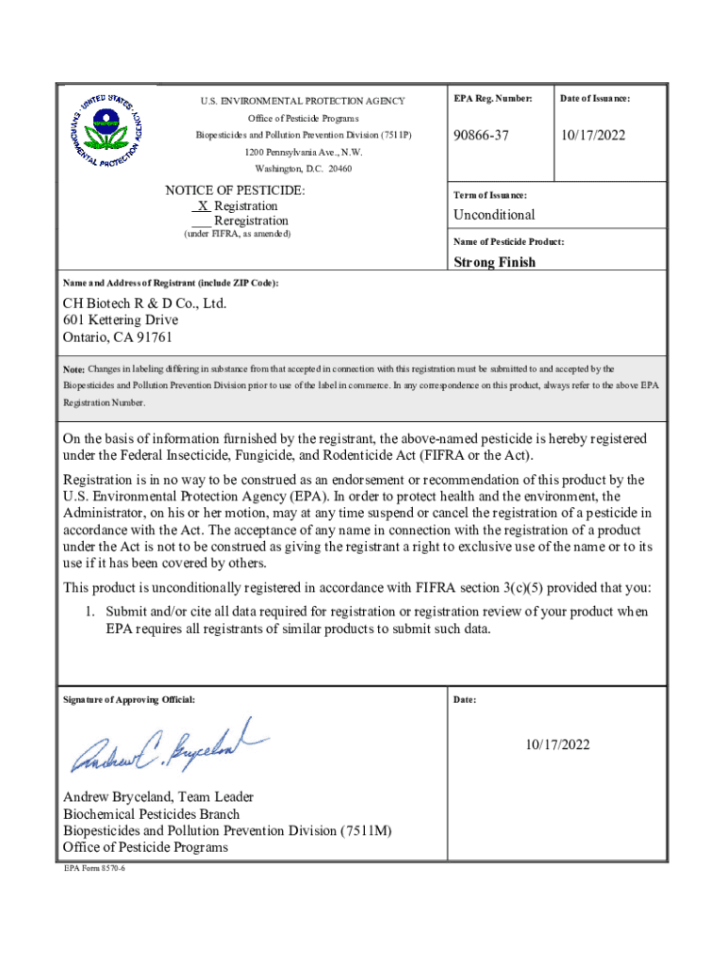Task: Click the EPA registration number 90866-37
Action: [x=481, y=137]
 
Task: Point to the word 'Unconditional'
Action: [x=494, y=215]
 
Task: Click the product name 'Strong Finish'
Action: [x=495, y=262]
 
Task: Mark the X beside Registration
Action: [x=203, y=205]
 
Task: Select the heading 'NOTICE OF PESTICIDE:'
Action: [x=236, y=190]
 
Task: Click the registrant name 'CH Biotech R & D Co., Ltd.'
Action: [x=144, y=303]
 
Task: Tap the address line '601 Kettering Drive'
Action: [x=121, y=320]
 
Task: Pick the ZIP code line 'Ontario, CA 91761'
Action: [x=118, y=337]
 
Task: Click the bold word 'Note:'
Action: [x=74, y=369]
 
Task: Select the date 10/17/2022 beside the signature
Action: [x=558, y=745]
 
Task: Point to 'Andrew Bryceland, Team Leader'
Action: [x=158, y=797]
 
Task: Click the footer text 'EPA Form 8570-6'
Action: [x=94, y=868]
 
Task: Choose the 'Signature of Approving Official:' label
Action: [x=129, y=700]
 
